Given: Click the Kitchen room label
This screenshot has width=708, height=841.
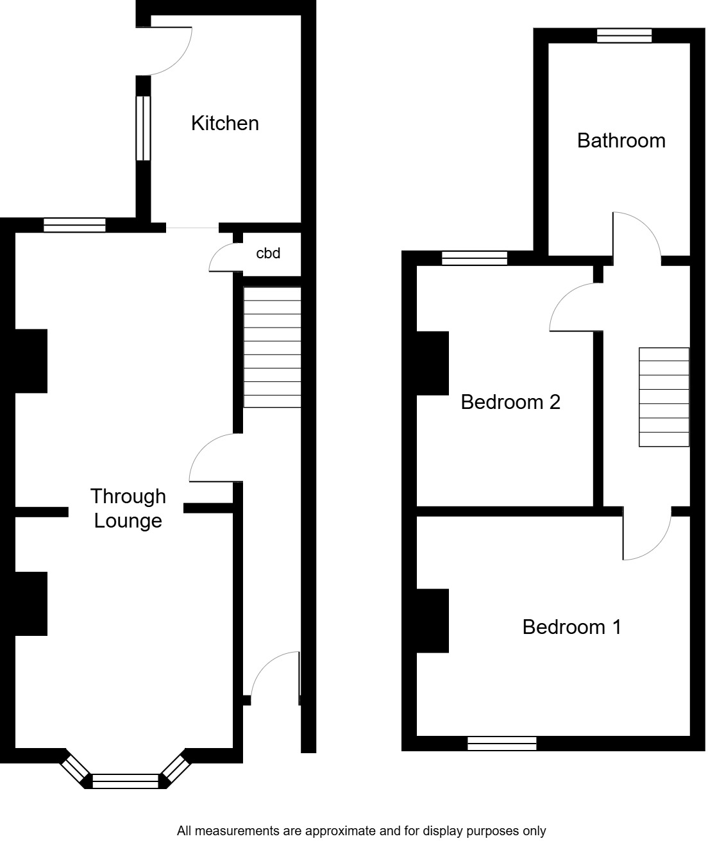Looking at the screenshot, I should (x=225, y=123).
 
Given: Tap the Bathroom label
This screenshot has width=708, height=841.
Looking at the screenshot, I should (x=621, y=140).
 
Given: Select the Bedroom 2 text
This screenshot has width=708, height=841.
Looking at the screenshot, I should (x=510, y=402).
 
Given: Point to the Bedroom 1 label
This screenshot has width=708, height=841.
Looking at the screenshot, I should (x=571, y=626).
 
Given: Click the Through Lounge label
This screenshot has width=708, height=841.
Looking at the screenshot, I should (x=128, y=508).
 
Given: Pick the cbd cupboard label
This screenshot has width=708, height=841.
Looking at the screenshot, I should (x=268, y=253).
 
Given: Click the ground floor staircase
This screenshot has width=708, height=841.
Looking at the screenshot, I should (x=272, y=347).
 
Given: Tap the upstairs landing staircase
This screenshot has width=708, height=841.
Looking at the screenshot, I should (x=664, y=397).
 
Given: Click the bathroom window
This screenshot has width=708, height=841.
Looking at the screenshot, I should (x=624, y=36).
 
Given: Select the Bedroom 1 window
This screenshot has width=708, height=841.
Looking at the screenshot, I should (x=501, y=744).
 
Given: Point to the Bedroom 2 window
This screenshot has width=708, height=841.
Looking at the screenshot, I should (x=475, y=258).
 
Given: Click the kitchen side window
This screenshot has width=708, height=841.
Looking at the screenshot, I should (x=143, y=128).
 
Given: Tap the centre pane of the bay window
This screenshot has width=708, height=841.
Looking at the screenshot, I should (x=125, y=781).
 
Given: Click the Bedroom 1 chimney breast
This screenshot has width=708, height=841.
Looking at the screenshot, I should (x=432, y=620).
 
